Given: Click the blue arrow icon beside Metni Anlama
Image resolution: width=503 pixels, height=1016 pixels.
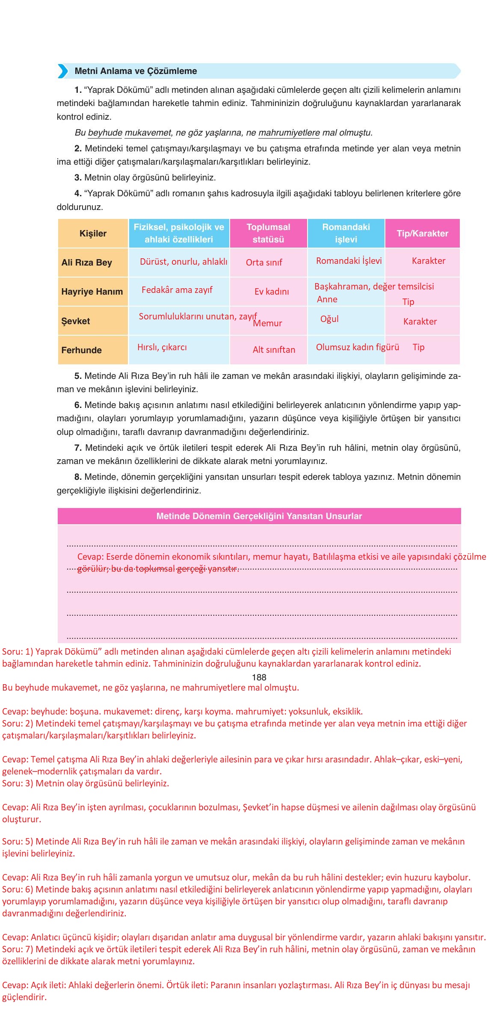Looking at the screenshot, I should (63, 71).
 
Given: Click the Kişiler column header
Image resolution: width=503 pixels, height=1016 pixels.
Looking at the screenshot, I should (93, 233).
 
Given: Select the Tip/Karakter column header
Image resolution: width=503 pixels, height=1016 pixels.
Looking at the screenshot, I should (422, 233).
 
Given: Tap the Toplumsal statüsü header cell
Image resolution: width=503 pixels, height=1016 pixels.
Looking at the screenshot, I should (268, 233).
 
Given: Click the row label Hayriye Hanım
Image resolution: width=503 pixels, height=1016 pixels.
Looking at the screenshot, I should (92, 292).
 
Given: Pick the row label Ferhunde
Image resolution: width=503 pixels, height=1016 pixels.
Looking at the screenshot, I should (81, 350).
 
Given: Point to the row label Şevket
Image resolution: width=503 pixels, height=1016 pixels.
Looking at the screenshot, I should (76, 321).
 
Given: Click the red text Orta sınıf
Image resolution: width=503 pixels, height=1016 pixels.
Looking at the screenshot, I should (264, 263).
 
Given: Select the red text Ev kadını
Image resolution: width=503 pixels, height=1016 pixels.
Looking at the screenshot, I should (272, 292).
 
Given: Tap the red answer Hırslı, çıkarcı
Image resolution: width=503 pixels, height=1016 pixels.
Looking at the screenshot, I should (162, 347).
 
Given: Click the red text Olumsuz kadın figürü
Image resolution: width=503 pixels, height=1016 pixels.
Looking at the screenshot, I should (357, 347).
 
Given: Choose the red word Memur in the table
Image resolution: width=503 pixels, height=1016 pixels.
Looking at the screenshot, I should (267, 323).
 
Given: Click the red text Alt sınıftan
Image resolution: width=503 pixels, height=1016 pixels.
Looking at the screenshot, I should (274, 350).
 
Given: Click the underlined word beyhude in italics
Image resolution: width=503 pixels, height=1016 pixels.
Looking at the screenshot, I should (105, 133).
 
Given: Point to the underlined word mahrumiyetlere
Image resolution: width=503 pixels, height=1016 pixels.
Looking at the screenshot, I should (289, 133).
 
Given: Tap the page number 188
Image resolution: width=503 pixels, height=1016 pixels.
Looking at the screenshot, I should (259, 677).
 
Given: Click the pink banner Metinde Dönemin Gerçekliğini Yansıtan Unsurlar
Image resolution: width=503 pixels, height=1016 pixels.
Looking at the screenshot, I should (259, 516).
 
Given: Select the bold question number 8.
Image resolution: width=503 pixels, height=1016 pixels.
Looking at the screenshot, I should (78, 477).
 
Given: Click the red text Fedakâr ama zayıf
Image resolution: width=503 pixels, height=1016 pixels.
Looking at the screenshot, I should (177, 290).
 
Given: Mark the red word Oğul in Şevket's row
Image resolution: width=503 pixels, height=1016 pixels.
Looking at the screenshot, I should (329, 319).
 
